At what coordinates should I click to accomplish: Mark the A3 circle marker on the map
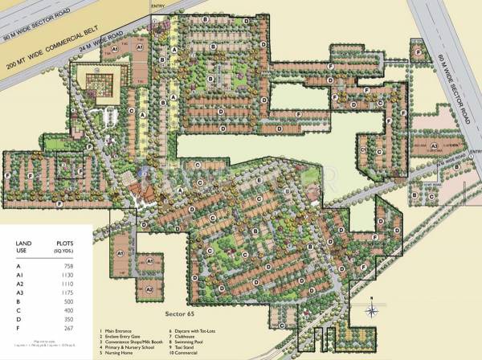[434, 146]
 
